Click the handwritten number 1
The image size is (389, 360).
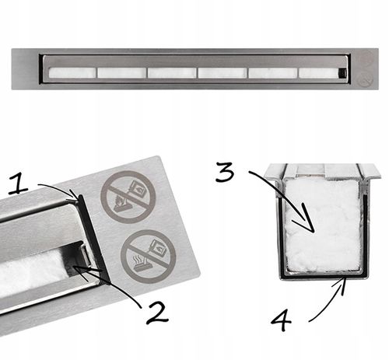19,184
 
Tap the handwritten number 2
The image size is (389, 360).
157,313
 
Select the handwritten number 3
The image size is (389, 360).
225,172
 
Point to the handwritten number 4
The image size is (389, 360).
281,321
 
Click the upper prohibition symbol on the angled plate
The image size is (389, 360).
128,197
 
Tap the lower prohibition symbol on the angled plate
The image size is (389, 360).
149,257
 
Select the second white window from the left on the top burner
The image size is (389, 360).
122,73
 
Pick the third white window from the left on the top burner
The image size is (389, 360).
172,73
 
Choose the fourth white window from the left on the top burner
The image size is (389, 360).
223,73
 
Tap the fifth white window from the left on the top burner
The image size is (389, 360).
273,73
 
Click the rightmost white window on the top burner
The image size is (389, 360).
319,73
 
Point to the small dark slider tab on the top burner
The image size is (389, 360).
343,73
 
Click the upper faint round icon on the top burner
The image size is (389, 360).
366,57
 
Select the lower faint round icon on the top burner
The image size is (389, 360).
366,79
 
